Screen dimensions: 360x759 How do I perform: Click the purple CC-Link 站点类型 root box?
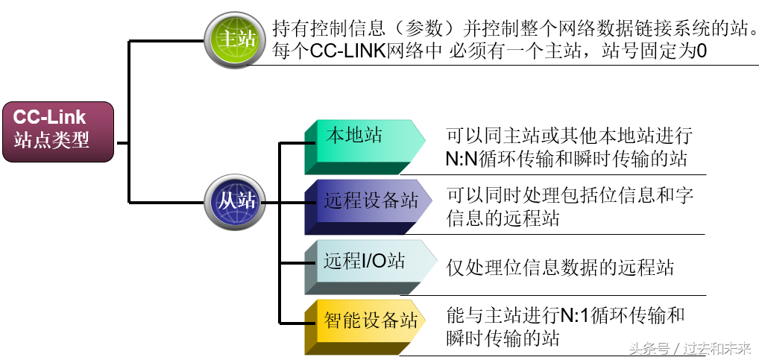coord(57,131)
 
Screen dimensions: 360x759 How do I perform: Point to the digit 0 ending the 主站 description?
coord(700,53)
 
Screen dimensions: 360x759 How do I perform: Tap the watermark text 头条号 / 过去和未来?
coord(689,348)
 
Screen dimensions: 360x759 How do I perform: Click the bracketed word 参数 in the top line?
coord(422,29)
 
